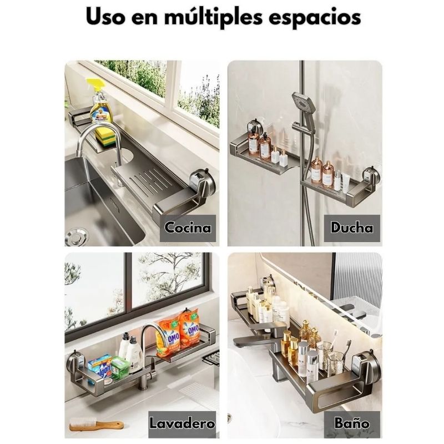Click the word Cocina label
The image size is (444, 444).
point(188,228)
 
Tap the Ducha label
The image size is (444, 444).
point(352,228)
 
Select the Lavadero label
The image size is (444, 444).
point(182,423)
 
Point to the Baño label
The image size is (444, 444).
point(352,423)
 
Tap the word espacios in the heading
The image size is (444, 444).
point(315,18)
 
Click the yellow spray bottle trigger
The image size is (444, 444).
point(95,84)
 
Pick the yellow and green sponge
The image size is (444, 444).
point(105,137)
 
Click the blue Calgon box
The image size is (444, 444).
point(100,369)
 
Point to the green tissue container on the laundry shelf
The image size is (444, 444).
point(120,367)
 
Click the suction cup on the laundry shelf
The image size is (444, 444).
point(75,364)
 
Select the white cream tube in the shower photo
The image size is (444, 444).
point(345,182)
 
